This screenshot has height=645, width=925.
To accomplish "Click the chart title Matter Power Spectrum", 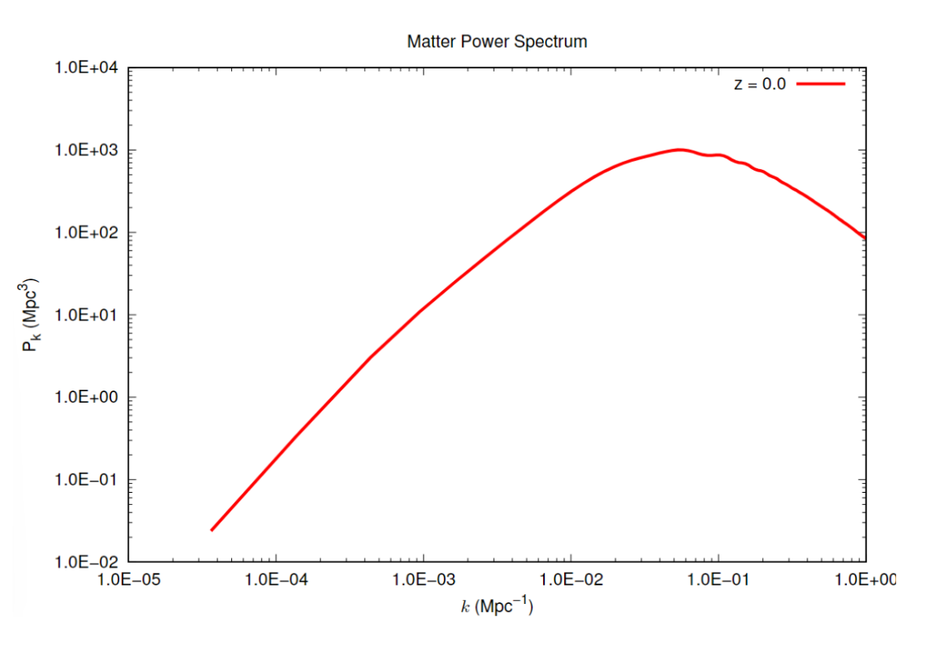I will point(496,41).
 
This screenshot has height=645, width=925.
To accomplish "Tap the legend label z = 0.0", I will point(759,84).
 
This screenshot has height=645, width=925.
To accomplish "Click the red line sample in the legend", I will point(821,84).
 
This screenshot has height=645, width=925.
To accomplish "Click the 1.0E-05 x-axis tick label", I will point(128,579).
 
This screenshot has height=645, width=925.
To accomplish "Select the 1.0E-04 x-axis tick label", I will point(276,579).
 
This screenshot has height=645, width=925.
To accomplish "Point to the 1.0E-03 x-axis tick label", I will point(423,579).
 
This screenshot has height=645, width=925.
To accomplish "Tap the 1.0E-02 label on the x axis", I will point(570,579).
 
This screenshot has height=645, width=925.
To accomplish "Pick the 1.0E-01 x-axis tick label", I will point(718,579).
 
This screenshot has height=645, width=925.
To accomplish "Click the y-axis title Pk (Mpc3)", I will point(31,316).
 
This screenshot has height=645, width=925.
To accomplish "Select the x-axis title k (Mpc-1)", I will point(496,606).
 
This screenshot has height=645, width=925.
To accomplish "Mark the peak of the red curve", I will point(680,150).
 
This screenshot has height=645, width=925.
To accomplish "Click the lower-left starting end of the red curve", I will point(212,530).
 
